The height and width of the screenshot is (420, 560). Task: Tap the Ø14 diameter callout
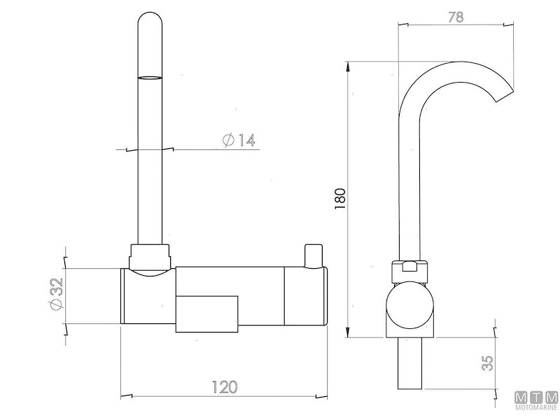[238, 141]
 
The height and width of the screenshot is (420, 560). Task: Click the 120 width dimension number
[224, 386]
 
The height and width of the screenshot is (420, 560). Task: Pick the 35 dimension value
[489, 362]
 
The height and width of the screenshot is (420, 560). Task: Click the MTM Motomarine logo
[535, 401]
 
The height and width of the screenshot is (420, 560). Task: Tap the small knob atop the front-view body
[311, 255]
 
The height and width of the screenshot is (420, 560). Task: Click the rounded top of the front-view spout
[151, 21]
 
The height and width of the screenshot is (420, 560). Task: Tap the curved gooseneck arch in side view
[448, 70]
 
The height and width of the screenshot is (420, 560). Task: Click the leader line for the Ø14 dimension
[189, 149]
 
